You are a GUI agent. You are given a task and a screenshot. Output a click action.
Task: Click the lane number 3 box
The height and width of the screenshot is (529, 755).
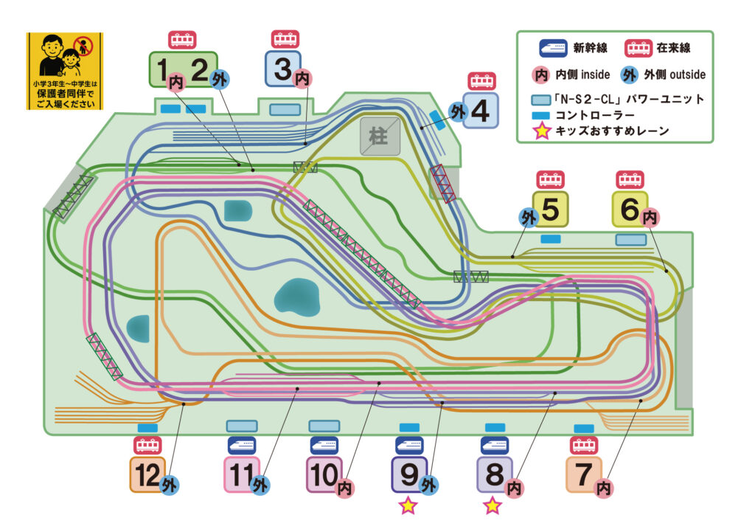coord(283,69)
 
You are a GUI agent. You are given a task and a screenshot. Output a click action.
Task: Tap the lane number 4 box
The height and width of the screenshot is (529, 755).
coord(481,111)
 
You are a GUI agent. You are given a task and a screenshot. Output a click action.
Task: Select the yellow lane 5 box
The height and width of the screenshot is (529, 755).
coord(550,209)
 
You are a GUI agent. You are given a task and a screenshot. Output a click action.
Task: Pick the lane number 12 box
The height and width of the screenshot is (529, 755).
coord(147,474)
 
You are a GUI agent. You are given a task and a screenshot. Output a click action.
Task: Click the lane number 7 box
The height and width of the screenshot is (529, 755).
coord(584,474)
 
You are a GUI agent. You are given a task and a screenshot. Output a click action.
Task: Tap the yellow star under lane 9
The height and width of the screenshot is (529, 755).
coord(408,506)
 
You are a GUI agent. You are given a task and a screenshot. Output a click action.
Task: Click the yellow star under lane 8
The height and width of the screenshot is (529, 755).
coord(493,506)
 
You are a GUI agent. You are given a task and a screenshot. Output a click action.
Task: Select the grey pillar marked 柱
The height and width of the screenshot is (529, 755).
coord(380,136)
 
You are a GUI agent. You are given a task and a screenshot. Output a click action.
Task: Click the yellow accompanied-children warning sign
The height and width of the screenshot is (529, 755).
coord(65,72)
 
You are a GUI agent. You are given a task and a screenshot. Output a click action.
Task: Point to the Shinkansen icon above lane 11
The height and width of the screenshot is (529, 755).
coord(242,446)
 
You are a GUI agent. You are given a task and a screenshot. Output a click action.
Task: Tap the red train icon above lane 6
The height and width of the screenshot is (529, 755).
coord(630,180)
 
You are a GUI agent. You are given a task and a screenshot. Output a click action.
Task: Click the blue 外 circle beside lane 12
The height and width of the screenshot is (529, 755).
coord(169,485)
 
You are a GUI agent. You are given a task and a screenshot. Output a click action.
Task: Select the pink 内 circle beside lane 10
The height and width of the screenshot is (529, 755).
coord(345,488)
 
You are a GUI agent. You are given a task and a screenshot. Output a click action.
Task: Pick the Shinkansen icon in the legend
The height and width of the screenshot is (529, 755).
coord(553,48)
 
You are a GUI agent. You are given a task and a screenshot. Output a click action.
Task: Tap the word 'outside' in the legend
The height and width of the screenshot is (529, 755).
coord(688,75)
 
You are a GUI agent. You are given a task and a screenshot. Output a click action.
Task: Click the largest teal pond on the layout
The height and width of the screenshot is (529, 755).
coord(297,297)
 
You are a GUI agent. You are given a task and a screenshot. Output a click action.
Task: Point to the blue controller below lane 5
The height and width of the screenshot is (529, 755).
coord(550,239)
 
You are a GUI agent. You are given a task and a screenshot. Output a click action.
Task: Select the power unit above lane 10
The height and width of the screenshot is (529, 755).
coord(324,426)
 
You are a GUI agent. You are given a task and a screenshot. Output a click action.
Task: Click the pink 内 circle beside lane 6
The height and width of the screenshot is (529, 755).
coord(650,218)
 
